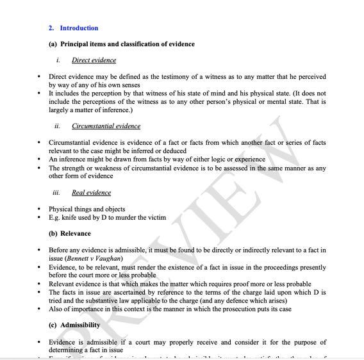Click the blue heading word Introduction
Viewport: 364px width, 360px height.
point(79,28)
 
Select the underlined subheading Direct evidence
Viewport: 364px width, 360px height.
point(94,60)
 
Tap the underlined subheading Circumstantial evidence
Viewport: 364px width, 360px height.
point(106,126)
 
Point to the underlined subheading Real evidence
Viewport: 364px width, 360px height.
point(91,192)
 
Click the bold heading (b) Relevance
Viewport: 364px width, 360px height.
point(70,234)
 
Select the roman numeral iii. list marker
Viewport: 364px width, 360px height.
point(57,192)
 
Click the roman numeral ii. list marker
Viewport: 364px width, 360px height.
point(58,126)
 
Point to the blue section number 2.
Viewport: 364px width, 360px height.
point(51,28)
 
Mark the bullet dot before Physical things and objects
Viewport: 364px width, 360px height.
point(40,209)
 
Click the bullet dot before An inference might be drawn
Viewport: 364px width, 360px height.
point(40,160)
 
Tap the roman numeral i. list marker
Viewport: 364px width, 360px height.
point(59,60)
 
